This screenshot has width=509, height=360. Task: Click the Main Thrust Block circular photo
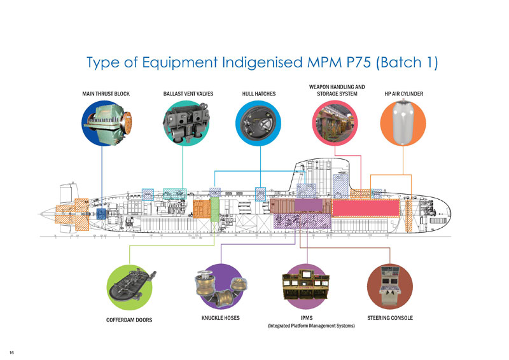[106, 125]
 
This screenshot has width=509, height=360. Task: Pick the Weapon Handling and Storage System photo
[337, 125]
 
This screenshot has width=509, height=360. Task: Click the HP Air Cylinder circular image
[403, 125]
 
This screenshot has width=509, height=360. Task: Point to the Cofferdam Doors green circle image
[129, 287]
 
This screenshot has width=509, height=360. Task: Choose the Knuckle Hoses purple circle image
[220, 287]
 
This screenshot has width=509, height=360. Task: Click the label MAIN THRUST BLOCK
[106, 94]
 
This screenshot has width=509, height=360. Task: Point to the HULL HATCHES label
[259, 94]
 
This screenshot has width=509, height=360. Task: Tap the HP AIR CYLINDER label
[404, 94]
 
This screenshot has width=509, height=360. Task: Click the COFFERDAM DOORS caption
[129, 319]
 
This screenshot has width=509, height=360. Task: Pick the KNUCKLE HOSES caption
[220, 317]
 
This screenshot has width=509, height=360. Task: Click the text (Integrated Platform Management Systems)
[310, 326]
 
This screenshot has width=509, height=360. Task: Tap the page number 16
[11, 352]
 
